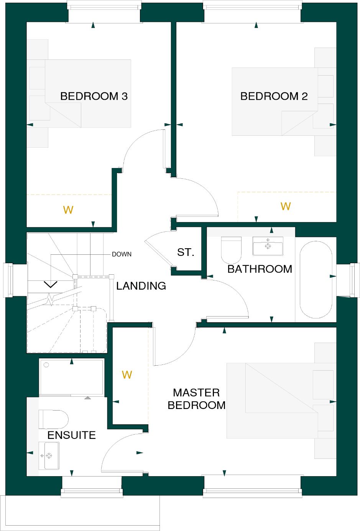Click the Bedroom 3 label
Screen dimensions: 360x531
[x=94, y=96]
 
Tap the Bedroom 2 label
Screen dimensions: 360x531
[x=274, y=96]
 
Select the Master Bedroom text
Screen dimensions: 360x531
[x=197, y=399]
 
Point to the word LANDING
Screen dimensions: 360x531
[x=141, y=286]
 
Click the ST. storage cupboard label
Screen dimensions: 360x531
[x=186, y=252]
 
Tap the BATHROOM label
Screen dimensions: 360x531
[x=260, y=269]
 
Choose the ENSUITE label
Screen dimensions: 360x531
[x=72, y=435]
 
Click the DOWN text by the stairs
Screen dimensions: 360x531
[x=122, y=254]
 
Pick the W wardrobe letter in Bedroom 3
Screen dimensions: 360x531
[x=68, y=210]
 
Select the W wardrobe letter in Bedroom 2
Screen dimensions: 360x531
[x=286, y=206]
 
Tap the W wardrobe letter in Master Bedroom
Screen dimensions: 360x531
[x=127, y=375]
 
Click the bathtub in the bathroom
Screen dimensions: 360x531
[x=316, y=280]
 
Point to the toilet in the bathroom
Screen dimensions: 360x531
[x=231, y=250]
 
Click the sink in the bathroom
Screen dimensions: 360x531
[x=268, y=246]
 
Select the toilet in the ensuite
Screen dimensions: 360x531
[x=54, y=419]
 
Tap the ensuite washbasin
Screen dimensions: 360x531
[x=49, y=456]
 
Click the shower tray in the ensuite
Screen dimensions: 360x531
[x=72, y=377]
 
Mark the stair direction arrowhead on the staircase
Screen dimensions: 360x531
[x=51, y=284]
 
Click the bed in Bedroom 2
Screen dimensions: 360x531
[x=275, y=102]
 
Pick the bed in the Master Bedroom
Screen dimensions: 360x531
[x=272, y=401]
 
